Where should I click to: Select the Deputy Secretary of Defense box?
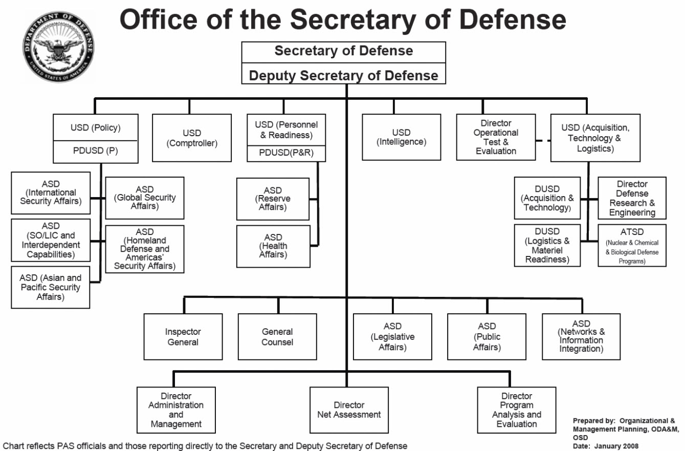tap(343, 75)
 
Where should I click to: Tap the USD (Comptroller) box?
tap(192, 138)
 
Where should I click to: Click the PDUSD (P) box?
tap(95, 151)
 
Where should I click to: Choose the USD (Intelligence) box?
tap(401, 137)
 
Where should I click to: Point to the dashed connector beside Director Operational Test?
tap(543, 140)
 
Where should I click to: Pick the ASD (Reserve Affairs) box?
tap(273, 199)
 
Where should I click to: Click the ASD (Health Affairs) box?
tap(273, 246)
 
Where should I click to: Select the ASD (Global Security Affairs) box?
tap(145, 198)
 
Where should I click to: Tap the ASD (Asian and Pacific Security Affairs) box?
tap(51, 287)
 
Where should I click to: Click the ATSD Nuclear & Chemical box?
tap(632, 245)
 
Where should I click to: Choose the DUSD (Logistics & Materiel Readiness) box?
tap(547, 245)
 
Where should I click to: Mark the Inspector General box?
tap(183, 337)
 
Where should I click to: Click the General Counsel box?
tap(277, 337)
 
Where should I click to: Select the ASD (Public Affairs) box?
tap(487, 337)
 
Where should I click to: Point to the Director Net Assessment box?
tap(349, 410)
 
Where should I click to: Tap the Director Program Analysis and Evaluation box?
tap(516, 410)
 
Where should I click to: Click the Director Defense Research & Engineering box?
tap(632, 198)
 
